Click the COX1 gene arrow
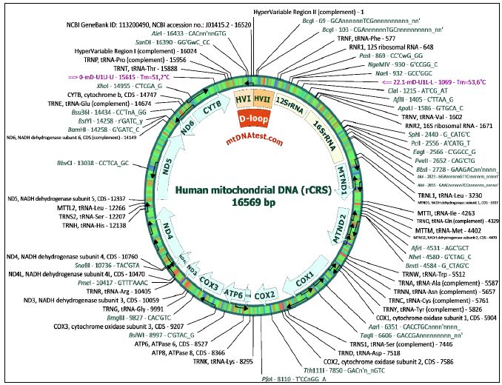click(x=307, y=282)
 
